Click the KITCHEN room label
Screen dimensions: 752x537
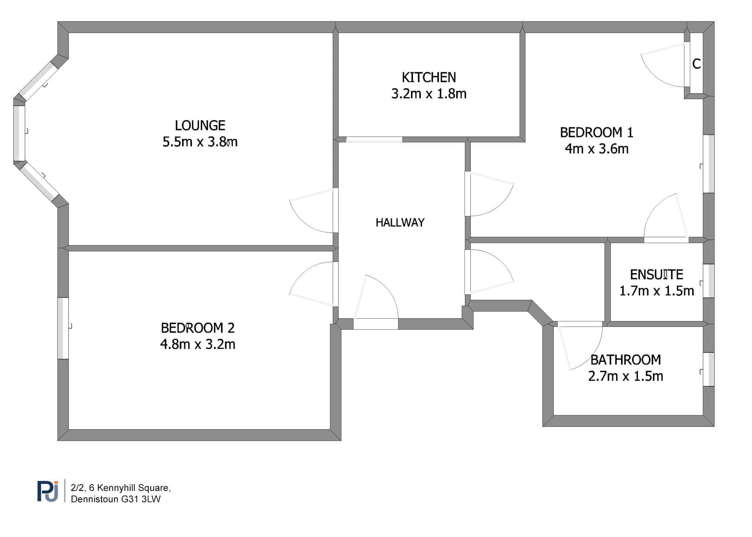pos(429,77)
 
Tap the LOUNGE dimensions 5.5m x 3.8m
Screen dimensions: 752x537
pos(200,142)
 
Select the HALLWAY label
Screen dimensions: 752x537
pos(400,223)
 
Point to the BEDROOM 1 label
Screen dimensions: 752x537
pos(597,133)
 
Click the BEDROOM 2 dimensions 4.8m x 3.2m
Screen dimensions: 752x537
pos(198,344)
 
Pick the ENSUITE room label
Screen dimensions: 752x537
pos(656,275)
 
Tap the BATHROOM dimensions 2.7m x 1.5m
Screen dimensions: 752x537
pos(625,376)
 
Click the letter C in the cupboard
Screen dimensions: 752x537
pos(697,64)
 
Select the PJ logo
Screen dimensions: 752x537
pos(48,491)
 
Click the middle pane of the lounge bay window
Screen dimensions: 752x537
pos(19,133)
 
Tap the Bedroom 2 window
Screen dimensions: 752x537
pos(63,328)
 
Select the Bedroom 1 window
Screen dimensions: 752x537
pos(709,164)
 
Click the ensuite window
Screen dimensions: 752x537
pos(709,281)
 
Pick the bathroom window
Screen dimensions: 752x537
pos(709,369)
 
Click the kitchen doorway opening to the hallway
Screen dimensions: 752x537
pos(374,139)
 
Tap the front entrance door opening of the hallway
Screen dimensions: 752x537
pos(376,324)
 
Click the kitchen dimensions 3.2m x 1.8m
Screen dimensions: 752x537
pos(429,94)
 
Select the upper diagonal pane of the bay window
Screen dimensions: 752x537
pos(39,81)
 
